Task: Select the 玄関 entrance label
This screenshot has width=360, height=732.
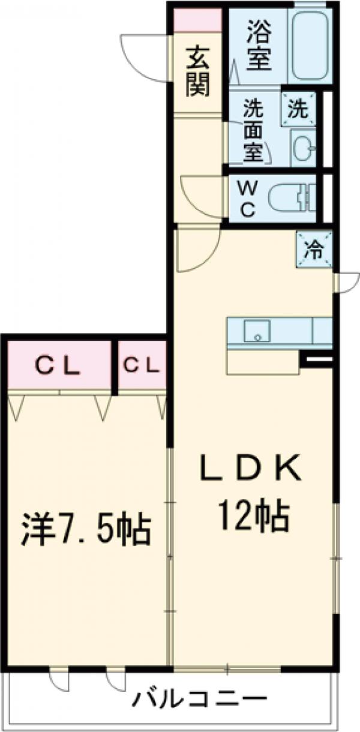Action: (197, 71)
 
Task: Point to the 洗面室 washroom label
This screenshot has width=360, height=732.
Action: (253, 131)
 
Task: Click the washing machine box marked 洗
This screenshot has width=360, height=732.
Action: (298, 109)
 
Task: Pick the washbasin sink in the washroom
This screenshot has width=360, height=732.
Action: (303, 147)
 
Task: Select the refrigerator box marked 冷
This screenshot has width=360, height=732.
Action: (313, 249)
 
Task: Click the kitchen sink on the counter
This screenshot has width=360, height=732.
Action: (257, 331)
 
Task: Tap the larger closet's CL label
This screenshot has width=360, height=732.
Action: (58, 365)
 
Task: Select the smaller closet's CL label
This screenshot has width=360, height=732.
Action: (142, 364)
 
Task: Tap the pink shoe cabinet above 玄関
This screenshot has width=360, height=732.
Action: (197, 20)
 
